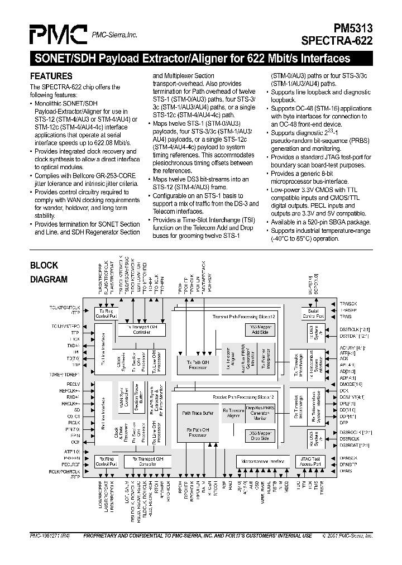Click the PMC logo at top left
(58, 35)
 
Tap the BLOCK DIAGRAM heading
(49, 272)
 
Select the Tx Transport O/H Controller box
(142, 331)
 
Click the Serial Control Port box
(313, 313)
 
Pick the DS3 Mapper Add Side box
(259, 330)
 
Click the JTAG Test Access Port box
(309, 462)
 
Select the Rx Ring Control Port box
(106, 462)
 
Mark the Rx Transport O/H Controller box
(142, 462)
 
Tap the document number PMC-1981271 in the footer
(51, 535)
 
